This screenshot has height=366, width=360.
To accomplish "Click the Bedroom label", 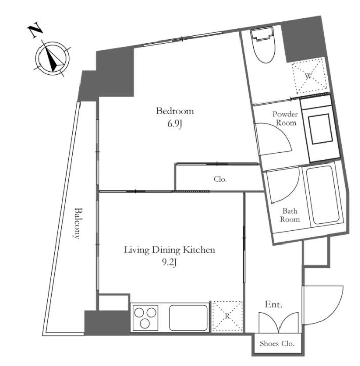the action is click(x=175, y=111).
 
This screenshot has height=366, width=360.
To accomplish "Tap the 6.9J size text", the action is click(x=175, y=124).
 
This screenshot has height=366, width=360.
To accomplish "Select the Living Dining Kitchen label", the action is click(x=169, y=250).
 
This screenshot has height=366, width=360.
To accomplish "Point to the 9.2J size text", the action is click(x=169, y=263).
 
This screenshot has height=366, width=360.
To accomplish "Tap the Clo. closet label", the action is click(x=220, y=179).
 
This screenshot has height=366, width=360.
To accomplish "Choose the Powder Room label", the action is click(x=286, y=118).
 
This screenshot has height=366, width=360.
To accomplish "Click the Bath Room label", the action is click(x=290, y=215).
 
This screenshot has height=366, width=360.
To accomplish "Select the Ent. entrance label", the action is click(x=273, y=305).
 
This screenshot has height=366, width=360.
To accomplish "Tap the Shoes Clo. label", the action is click(x=277, y=344).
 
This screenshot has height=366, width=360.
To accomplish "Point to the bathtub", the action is click(x=322, y=195).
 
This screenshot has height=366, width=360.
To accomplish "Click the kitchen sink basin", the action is click(x=188, y=317).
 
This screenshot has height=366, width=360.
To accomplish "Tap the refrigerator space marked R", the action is click(x=227, y=316).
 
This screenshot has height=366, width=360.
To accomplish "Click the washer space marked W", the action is click(x=309, y=75).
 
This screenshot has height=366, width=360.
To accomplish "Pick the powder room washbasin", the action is click(x=321, y=129).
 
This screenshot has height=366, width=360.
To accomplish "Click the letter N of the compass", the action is click(x=35, y=30).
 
